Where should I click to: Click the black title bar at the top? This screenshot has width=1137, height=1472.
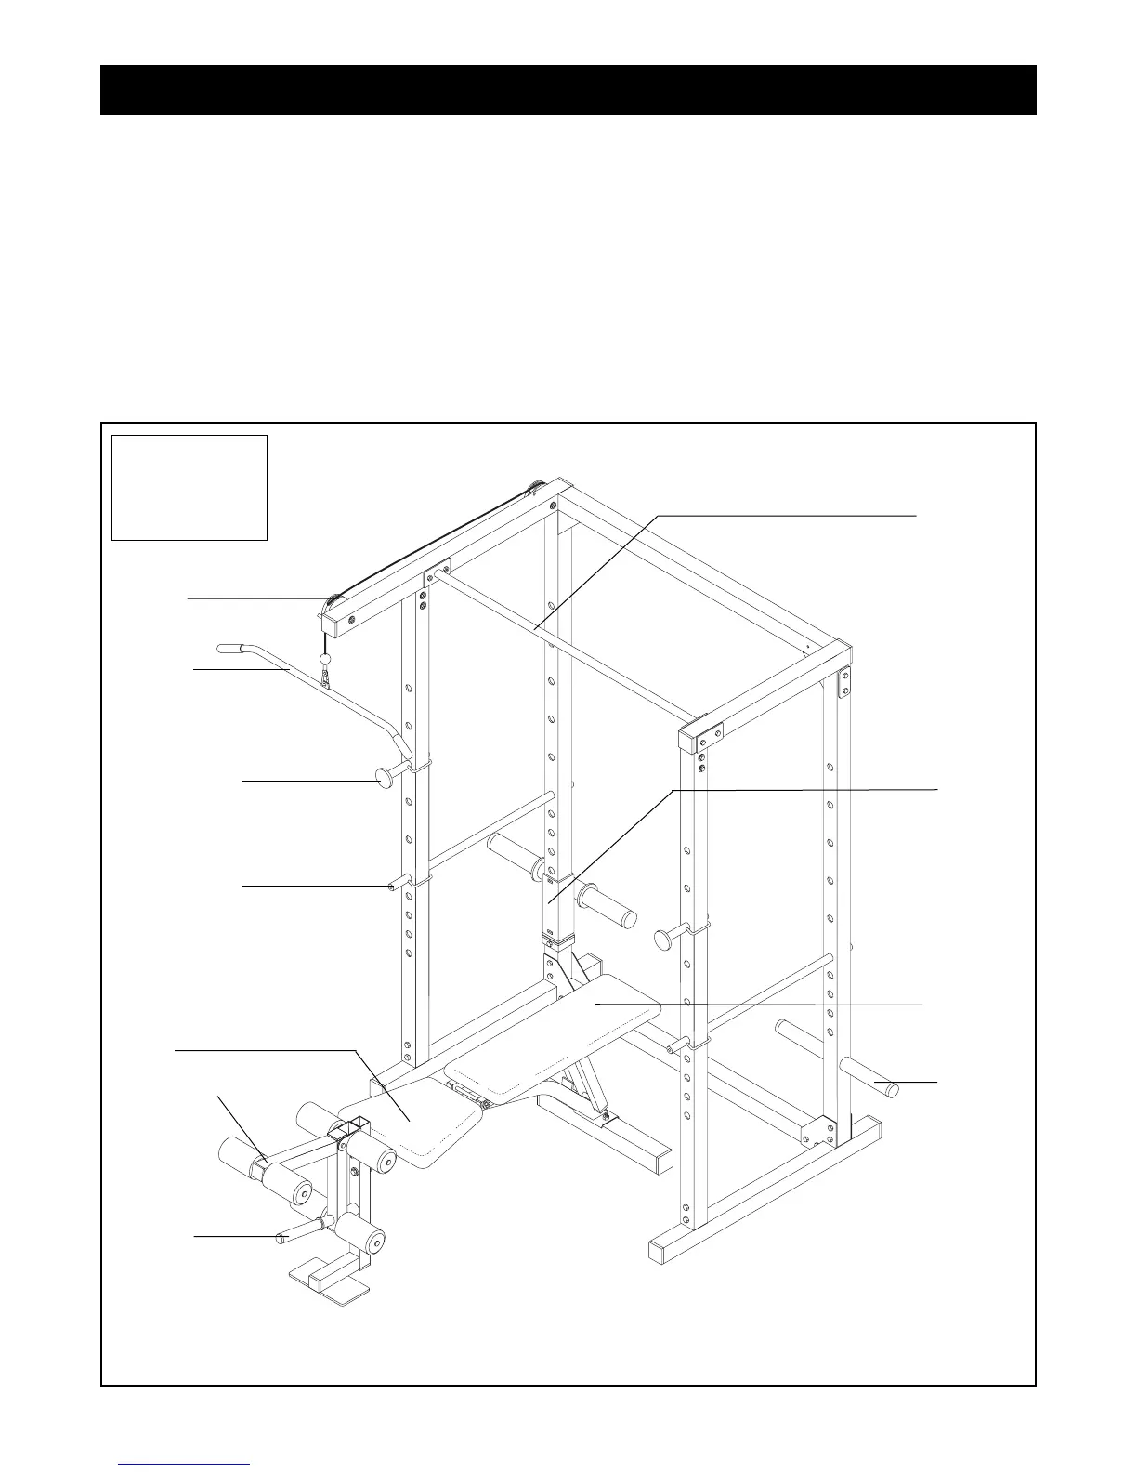coord(568,90)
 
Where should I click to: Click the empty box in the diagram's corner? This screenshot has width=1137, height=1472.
coord(189,487)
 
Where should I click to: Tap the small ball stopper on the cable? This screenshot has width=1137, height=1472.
coord(325,658)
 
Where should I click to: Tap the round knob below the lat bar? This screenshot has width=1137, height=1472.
coord(384,776)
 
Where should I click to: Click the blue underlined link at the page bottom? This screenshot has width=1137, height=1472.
coord(186,1464)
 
